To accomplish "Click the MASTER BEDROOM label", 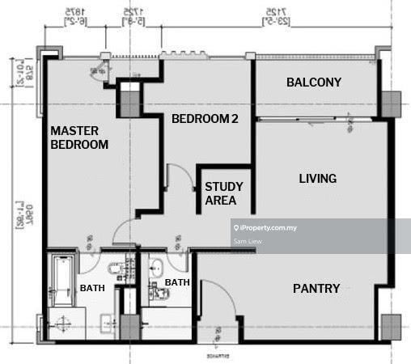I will tap(79, 138).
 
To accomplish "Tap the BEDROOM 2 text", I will tap(205, 119).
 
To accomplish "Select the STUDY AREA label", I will tap(224, 193).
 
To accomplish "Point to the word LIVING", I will tap(317, 178).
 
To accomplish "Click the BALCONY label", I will tap(314, 83).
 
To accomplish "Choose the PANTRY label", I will tap(316, 288).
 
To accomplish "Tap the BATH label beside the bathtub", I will tap(91, 288).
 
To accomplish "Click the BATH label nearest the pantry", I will tap(177, 282).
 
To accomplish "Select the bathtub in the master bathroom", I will tap(61, 279).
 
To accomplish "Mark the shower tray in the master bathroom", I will tap(61, 324).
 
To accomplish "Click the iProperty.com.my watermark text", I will tap(268, 228).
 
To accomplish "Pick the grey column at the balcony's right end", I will tap(390, 103).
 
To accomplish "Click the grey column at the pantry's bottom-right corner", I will tap(390, 325).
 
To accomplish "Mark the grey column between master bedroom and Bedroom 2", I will tap(129, 102).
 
